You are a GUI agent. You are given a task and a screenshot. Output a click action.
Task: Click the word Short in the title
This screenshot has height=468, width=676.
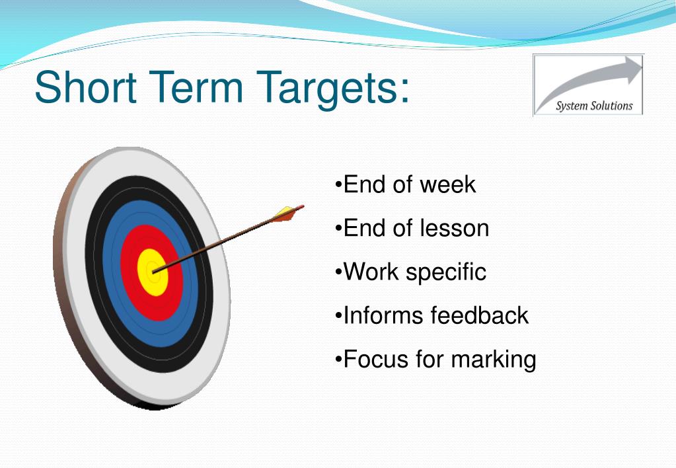[86, 87]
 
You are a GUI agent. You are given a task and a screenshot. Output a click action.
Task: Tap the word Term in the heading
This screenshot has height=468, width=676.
[196, 87]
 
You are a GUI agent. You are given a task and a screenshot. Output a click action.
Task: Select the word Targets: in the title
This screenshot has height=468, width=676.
[332, 90]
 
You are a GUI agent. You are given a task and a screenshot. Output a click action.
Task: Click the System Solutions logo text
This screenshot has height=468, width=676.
[594, 106]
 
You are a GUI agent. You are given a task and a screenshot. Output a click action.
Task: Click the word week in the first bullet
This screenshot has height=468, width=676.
[447, 184]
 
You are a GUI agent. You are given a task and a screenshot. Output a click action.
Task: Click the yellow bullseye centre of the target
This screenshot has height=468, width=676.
[153, 272]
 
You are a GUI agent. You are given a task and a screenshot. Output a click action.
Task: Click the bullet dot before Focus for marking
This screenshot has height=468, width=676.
[338, 359]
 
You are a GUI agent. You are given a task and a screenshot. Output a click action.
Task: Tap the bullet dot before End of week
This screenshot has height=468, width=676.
[338, 185]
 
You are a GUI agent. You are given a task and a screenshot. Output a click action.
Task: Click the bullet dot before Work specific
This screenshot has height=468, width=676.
[338, 272]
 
